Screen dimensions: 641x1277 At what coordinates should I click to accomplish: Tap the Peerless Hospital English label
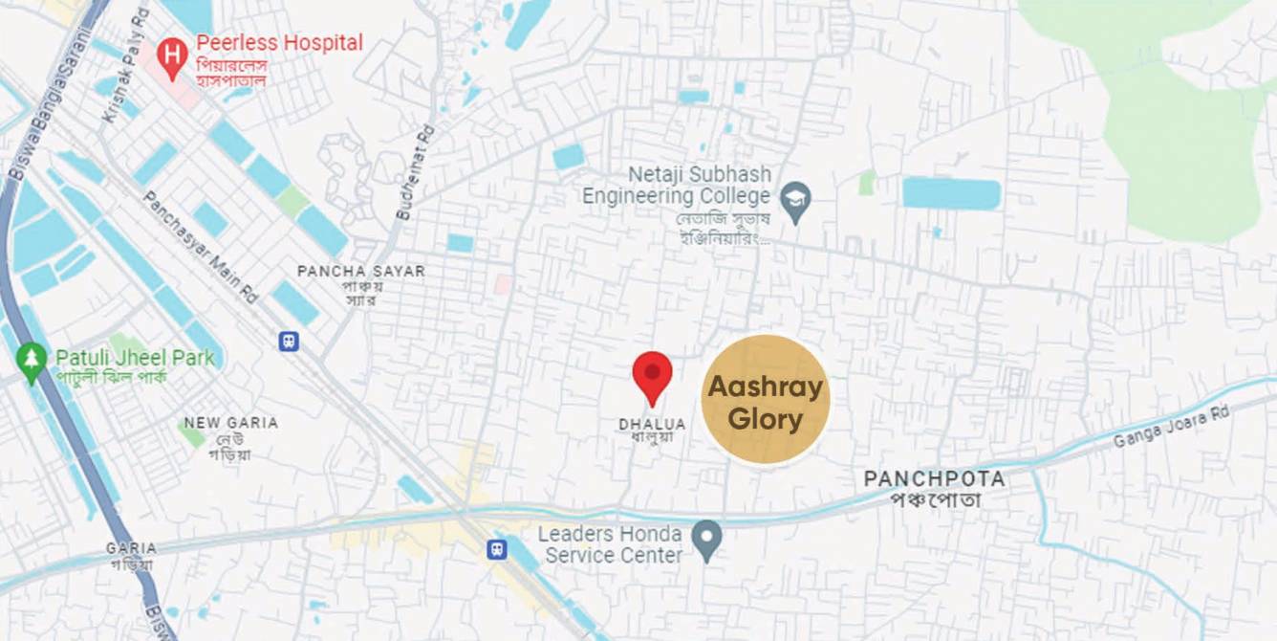coord(279,43)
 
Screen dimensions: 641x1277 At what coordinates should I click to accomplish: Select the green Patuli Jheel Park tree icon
coord(32,362)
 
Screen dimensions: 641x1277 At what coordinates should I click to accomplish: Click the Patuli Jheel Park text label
coord(135,358)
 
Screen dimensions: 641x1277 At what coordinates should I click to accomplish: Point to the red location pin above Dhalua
coord(653,374)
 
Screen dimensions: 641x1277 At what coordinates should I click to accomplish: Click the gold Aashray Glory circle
coord(765,400)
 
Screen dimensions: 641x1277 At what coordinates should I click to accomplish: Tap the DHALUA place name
coord(652,424)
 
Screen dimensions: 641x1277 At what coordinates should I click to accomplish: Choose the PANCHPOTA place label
coord(935,478)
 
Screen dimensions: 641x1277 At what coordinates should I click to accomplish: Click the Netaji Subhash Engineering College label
coord(677,186)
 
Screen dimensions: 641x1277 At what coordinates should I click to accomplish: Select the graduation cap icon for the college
coord(795,201)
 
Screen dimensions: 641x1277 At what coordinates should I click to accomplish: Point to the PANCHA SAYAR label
coord(361,272)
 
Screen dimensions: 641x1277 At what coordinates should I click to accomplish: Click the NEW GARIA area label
coord(230,423)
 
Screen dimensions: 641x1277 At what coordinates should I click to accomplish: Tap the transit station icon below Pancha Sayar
coord(288,340)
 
